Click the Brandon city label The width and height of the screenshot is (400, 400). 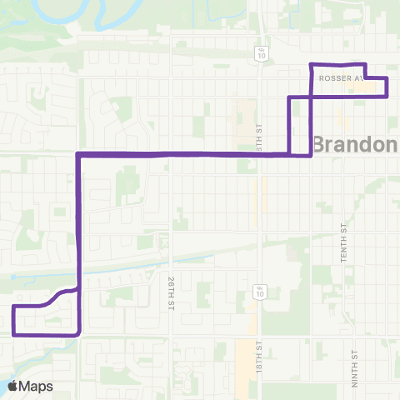tap(355, 144)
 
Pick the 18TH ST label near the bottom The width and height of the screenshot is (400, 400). tap(259, 356)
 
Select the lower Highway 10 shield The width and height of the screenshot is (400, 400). tap(260, 292)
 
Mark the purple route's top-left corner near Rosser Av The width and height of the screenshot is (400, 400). tap(311, 64)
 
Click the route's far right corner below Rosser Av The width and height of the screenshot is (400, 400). tap(387, 96)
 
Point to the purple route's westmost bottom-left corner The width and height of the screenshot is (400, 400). tap(14, 333)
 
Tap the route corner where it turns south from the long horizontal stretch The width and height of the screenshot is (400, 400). tap(78, 154)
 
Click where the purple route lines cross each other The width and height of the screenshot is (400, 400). tap(311, 97)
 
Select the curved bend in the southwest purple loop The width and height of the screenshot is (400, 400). tap(57, 295)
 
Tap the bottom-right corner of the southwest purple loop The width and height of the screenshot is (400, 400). tap(78, 332)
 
